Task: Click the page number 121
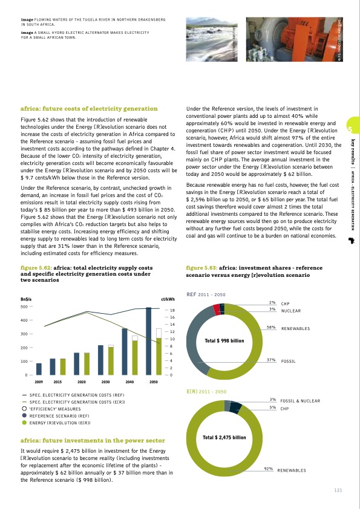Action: pyautogui.click(x=338, y=490)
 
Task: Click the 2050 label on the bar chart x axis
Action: pyautogui.click(x=154, y=383)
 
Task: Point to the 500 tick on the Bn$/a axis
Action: pyautogui.click(x=24, y=306)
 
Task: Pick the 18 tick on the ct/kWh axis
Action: pyautogui.click(x=172, y=310)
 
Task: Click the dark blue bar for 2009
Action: pyautogui.click(x=39, y=369)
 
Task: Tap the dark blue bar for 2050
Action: pyautogui.click(x=148, y=341)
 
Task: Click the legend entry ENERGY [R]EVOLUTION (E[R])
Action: pyautogui.click(x=60, y=423)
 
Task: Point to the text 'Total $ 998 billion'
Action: pyautogui.click(x=224, y=341)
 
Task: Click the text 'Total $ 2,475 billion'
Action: pyautogui.click(x=224, y=437)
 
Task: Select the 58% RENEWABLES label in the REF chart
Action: pyautogui.click(x=288, y=328)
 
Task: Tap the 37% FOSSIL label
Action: pyautogui.click(x=281, y=360)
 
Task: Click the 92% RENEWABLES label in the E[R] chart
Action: pyautogui.click(x=285, y=470)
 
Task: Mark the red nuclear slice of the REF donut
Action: pyautogui.click(x=217, y=310)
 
